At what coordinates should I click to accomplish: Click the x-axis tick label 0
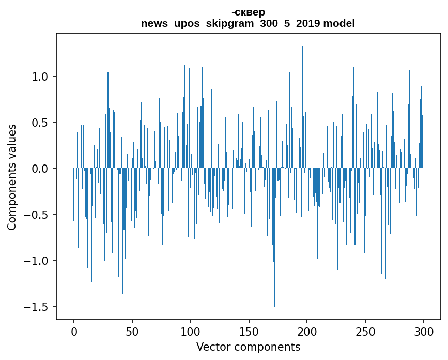74,331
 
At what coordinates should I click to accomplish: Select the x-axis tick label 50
132,331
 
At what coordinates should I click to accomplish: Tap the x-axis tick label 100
191,331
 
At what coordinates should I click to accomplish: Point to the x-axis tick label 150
249,331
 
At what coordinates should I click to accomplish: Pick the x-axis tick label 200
307,331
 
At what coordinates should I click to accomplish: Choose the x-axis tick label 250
365,331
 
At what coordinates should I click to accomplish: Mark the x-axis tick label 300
424,331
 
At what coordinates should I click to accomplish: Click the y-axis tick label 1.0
41,77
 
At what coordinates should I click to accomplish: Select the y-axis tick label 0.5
41,123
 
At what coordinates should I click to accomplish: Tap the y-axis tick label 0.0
41,169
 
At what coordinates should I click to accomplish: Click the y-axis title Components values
12,177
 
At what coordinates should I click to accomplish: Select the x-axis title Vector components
248,347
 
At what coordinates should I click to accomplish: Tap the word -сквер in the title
248,12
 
